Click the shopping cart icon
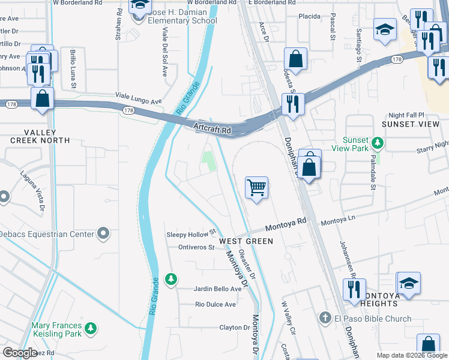(x=256, y=188)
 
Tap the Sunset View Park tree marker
(x=378, y=143)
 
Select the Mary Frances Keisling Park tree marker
(x=90, y=328)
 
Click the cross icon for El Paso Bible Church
(x=325, y=318)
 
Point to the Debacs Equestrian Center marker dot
(x=103, y=233)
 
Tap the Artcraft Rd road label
(x=212, y=128)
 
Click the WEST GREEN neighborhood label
(x=246, y=241)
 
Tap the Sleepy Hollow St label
(x=190, y=233)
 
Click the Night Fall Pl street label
(x=406, y=115)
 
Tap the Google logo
(x=20, y=353)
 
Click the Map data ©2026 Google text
(x=411, y=355)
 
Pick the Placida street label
(x=310, y=16)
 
